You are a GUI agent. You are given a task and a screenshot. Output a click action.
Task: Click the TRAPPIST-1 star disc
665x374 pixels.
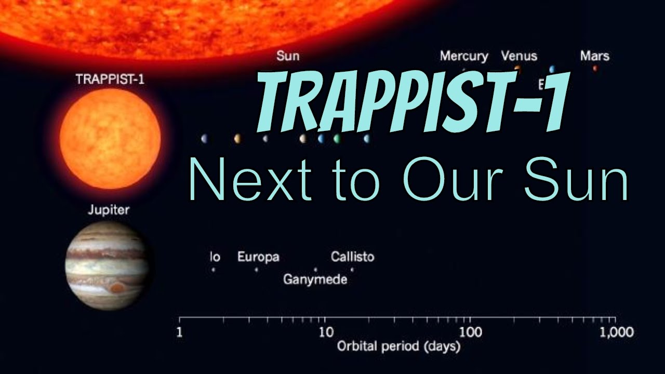click(110, 138)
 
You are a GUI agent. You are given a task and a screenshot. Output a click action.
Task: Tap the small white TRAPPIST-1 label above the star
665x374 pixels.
click(110, 81)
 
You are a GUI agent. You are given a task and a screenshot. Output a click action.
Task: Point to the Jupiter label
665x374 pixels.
click(109, 210)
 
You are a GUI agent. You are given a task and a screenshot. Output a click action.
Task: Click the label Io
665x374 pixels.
click(215, 257)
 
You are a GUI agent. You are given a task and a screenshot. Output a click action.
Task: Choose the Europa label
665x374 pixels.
click(258, 257)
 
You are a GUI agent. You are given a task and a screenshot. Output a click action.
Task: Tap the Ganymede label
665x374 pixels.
click(315, 279)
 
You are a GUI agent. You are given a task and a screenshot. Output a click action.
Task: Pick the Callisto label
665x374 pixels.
click(352, 257)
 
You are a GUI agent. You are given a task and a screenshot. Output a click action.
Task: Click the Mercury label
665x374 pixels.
click(464, 56)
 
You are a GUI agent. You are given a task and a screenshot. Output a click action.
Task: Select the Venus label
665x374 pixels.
click(519, 56)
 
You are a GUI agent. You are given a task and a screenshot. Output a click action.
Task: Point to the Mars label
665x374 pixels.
click(595, 56)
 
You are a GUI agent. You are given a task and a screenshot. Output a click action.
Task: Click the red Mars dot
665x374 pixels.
click(595, 68)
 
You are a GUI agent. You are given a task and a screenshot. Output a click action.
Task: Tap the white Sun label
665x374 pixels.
click(288, 56)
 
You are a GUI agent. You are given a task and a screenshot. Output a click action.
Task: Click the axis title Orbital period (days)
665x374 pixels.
click(398, 346)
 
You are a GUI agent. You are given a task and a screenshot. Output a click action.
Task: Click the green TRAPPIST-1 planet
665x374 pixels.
click(337, 139)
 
